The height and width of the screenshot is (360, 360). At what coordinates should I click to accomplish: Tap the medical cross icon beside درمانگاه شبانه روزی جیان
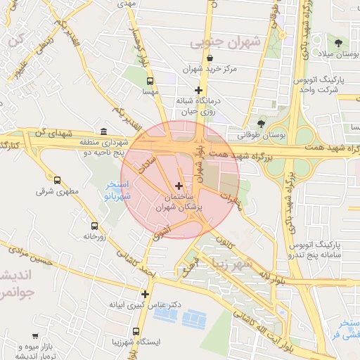199,90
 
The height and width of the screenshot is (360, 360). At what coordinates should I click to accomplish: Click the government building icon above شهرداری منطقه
104,131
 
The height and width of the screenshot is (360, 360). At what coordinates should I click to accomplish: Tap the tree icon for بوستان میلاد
339,44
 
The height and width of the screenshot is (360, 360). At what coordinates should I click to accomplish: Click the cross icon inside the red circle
179,186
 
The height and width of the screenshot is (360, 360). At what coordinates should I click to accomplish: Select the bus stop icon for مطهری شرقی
57,180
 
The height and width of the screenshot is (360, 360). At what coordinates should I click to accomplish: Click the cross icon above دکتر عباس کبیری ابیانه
145,294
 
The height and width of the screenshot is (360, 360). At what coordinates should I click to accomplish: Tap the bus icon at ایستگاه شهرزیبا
136,331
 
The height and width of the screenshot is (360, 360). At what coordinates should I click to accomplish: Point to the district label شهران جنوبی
225,43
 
